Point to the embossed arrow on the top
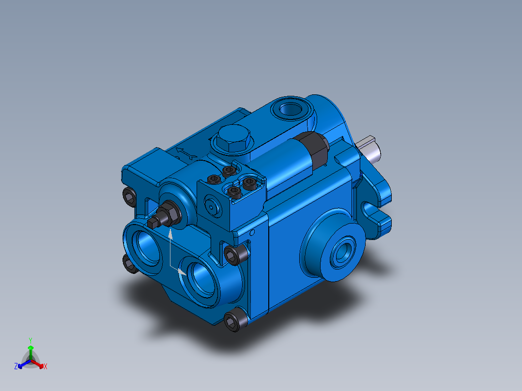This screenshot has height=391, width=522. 185,154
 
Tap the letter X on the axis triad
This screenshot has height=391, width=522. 46,366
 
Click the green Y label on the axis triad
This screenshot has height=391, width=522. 30,340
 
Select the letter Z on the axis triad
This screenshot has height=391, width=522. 16,366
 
